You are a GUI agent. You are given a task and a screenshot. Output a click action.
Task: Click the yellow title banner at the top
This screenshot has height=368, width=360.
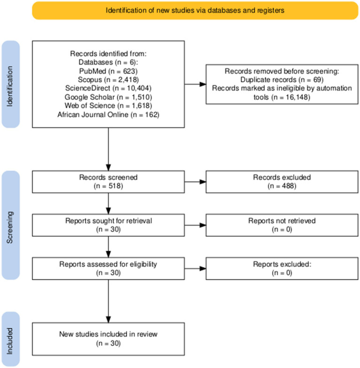(x=195, y=11)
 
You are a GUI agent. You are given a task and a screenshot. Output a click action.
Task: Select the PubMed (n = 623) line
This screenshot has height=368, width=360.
(x=108, y=71)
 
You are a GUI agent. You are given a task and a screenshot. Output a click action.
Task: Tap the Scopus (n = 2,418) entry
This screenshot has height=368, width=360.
(x=108, y=80)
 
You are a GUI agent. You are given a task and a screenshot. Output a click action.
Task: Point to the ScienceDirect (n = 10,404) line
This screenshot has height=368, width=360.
(x=108, y=88)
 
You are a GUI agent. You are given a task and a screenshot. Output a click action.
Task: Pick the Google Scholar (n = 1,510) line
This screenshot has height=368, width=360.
(x=108, y=97)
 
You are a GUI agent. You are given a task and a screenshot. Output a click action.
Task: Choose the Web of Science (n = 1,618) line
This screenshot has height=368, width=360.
(x=108, y=105)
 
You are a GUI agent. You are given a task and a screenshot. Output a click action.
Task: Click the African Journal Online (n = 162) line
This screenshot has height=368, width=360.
(x=108, y=114)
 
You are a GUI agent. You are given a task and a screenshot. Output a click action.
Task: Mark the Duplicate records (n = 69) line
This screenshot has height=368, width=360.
(x=282, y=80)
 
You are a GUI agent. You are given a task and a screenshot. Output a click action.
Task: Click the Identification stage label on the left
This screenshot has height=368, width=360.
(x=11, y=84)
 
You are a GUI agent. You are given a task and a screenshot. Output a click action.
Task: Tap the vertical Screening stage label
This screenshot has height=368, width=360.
(x=11, y=225)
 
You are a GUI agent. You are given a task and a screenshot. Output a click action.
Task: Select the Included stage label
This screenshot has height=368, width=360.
(x=11, y=339)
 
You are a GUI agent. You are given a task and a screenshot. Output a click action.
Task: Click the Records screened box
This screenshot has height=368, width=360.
(x=108, y=182)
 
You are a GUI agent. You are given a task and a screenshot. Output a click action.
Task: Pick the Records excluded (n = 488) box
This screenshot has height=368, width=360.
(x=282, y=182)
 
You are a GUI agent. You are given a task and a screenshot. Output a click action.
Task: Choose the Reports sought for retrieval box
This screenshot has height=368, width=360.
(x=108, y=225)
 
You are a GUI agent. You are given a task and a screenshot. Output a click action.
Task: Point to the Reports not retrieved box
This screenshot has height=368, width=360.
(x=282, y=225)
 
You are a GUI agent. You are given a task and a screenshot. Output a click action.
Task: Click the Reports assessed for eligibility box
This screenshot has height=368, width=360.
(x=108, y=269)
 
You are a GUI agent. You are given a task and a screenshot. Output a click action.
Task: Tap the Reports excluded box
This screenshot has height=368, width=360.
(x=282, y=269)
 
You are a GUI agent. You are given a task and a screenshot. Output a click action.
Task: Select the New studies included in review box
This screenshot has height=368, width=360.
(x=108, y=339)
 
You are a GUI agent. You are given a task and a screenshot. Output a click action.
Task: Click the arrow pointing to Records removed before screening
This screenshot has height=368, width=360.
(x=195, y=84)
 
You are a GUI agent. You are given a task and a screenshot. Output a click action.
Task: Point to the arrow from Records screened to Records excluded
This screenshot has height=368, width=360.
(x=195, y=181)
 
